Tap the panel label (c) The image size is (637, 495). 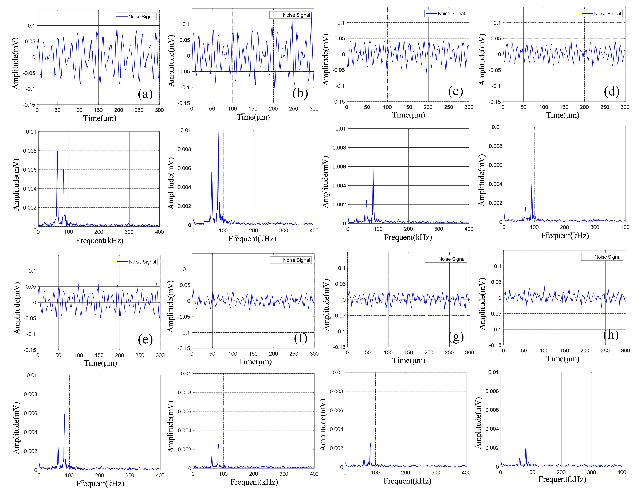point(456,92)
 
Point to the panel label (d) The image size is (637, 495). point(612,92)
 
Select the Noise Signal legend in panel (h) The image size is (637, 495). point(602,257)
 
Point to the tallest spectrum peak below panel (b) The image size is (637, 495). point(218,131)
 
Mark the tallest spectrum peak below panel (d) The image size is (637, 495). point(532,182)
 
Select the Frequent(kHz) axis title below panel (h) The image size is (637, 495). point(562,480)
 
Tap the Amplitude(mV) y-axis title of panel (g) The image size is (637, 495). point(326,305)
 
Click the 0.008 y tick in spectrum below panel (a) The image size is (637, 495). point(30,151)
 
